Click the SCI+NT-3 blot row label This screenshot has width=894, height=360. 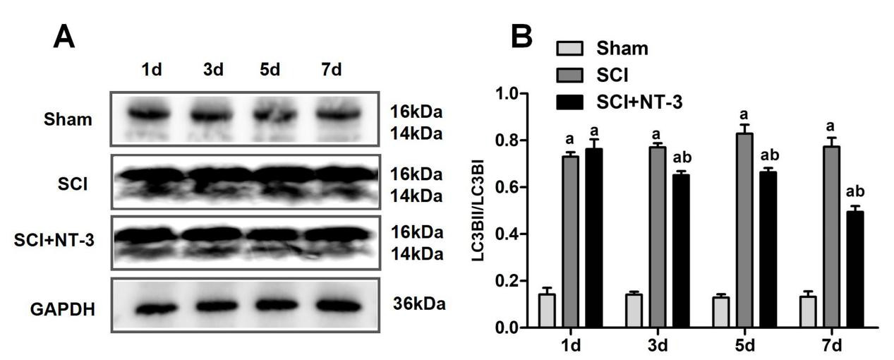click(x=54, y=241)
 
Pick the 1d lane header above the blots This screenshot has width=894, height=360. click(x=151, y=73)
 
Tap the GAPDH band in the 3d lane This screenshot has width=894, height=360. click(x=213, y=308)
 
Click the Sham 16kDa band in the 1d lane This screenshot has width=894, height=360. click(x=152, y=112)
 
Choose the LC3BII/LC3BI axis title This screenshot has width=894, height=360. click(x=488, y=210)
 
